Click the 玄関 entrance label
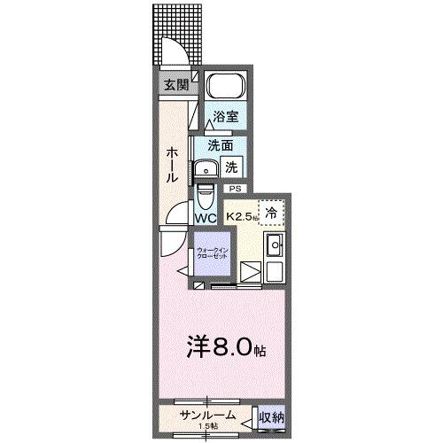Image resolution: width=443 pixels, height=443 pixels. tap(175, 85)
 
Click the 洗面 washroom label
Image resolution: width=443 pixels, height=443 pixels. tap(220, 145)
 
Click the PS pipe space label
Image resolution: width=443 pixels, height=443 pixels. tap(235, 189)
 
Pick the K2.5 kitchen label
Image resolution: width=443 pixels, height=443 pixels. tap(240, 215)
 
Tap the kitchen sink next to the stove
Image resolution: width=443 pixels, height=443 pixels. tap(275, 245)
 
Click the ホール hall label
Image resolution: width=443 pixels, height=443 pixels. tap(171, 164)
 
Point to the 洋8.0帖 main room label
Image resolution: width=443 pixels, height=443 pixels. tap(225, 347)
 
